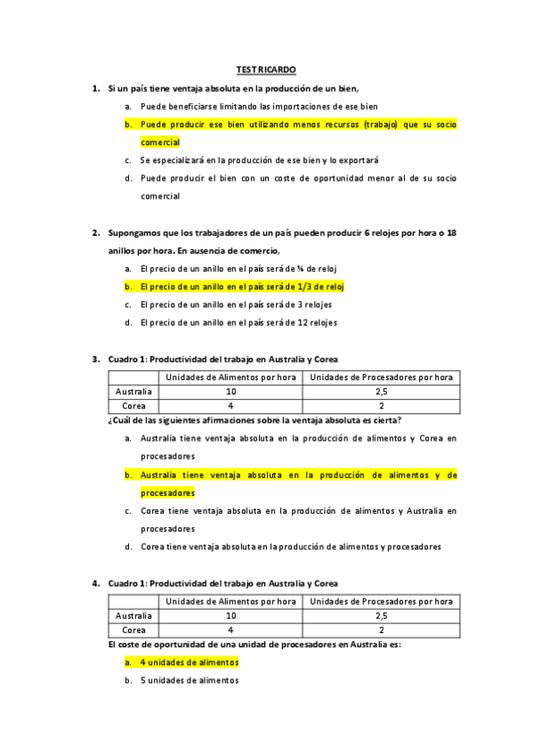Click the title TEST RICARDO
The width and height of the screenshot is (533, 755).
pyautogui.click(x=266, y=69)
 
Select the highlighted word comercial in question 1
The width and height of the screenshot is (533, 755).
pyautogui.click(x=160, y=142)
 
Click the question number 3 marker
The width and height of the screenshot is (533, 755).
pyautogui.click(x=95, y=359)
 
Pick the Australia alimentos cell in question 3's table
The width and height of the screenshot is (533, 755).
pyautogui.click(x=230, y=391)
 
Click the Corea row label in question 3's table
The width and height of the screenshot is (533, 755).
pyautogui.click(x=133, y=406)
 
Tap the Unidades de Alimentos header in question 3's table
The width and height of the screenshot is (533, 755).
pyautogui.click(x=230, y=377)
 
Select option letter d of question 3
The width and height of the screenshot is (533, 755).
pyautogui.click(x=129, y=547)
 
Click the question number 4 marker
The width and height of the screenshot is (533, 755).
pyautogui.click(x=95, y=583)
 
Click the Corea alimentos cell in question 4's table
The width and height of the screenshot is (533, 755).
pyautogui.click(x=230, y=630)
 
